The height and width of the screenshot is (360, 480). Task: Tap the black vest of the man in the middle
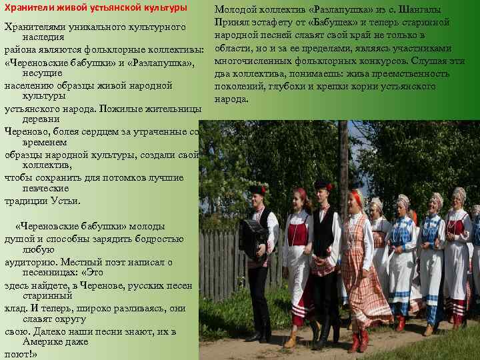click(x=325, y=230)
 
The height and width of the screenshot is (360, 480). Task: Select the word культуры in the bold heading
click(x=163, y=8)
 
